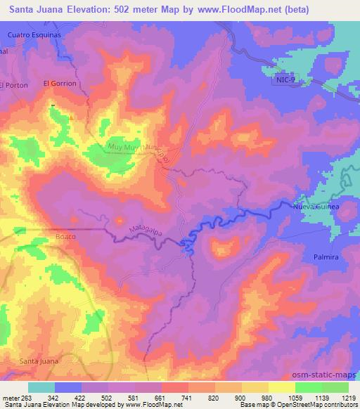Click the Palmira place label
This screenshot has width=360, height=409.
point(326,258)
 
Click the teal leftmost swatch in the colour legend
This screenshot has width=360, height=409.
point(41,387)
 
